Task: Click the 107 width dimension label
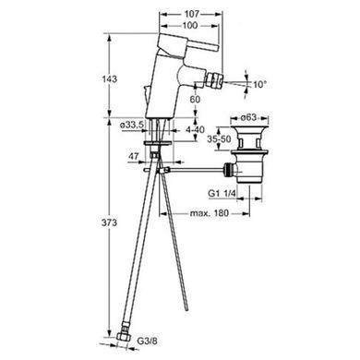(192, 14)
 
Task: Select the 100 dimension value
(190, 25)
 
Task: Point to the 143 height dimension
(110, 79)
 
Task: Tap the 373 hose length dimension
(110, 222)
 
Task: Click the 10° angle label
(258, 84)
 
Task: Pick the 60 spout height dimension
(195, 99)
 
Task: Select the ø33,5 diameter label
(132, 125)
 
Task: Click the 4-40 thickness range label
(195, 129)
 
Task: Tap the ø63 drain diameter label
(248, 117)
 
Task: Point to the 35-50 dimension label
(219, 139)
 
